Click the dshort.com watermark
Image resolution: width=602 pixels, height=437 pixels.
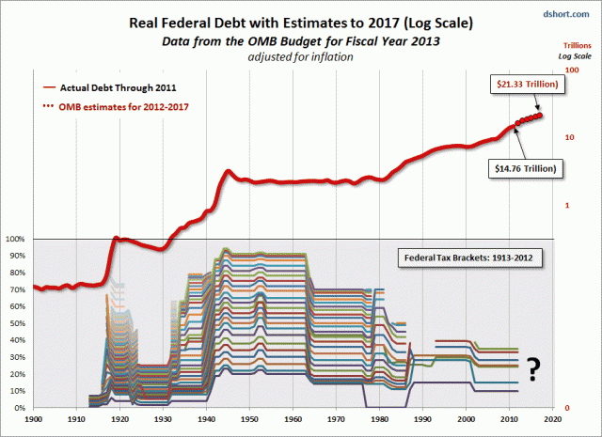coord(567,12)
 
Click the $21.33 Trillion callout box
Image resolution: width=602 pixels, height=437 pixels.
coord(530,85)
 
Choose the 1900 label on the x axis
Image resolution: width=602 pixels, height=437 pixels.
coord(34,420)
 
